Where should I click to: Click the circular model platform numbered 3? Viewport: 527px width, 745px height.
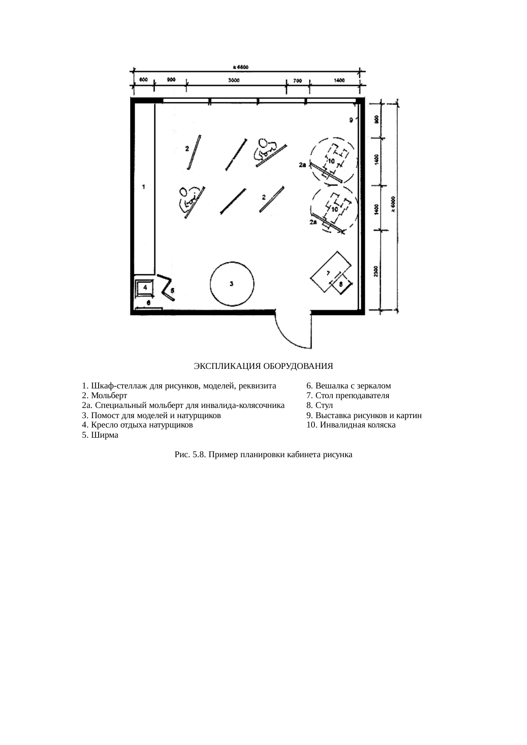[x=232, y=284]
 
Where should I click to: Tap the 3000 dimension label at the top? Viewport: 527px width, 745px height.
[x=233, y=80]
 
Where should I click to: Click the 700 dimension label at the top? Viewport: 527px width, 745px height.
[x=297, y=81]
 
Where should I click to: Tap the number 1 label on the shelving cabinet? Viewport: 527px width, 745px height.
[x=144, y=186]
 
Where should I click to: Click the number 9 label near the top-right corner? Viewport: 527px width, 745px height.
[x=351, y=120]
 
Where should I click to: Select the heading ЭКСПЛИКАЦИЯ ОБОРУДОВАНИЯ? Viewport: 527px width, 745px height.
[x=263, y=366]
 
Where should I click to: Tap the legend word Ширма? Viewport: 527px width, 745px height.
[x=105, y=435]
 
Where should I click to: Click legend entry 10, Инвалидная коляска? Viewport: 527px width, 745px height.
[x=351, y=425]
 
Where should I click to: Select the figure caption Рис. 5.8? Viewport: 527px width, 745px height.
[x=263, y=455]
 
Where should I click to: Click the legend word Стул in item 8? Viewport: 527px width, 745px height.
[x=324, y=405]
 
